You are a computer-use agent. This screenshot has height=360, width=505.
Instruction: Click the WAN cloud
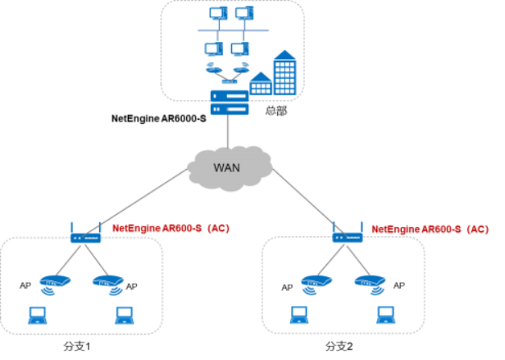[x=230, y=168]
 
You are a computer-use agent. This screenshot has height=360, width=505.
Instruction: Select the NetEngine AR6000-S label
[x=159, y=119]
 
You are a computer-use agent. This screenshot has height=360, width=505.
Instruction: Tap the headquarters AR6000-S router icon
[x=230, y=103]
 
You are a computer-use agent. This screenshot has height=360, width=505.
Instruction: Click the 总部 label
[x=276, y=111]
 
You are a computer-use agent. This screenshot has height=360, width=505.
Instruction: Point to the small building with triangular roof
[x=261, y=84]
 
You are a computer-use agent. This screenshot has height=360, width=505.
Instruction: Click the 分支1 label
[x=77, y=346]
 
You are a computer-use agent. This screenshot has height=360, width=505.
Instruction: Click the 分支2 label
[x=339, y=346]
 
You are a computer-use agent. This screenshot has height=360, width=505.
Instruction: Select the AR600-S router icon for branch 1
[x=85, y=233]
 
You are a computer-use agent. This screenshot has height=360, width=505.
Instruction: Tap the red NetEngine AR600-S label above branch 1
[x=171, y=229]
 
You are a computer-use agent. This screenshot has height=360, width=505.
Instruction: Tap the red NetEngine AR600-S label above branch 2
[x=430, y=230]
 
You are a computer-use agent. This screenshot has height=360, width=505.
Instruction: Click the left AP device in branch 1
[x=55, y=285]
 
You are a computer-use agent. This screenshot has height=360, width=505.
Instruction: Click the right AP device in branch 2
[x=370, y=285]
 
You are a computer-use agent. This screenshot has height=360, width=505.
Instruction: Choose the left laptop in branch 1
[x=38, y=316]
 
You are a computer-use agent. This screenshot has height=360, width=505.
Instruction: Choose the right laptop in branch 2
[x=386, y=315]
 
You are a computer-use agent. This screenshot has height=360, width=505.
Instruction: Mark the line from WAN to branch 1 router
[x=134, y=203]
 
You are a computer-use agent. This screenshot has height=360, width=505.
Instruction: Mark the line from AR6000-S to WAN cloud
[x=228, y=131]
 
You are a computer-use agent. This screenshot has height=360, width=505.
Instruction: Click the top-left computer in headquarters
[x=218, y=14]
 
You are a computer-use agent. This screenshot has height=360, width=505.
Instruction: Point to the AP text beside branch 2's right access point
[x=399, y=285]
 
